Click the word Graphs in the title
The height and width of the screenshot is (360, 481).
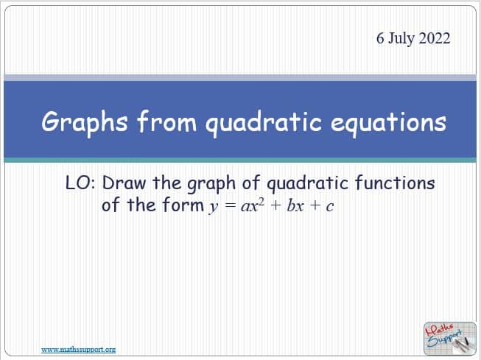[x=85, y=123]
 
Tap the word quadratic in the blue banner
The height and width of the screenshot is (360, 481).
[x=264, y=123]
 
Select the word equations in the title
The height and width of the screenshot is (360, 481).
[x=388, y=123]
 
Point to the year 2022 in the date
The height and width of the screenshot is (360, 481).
[x=435, y=38]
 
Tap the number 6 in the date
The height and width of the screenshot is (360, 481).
[x=380, y=38]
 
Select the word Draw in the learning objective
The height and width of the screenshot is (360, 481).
[x=124, y=183]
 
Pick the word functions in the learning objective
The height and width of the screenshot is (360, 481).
[x=395, y=183]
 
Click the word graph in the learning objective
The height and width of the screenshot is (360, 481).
[x=211, y=184]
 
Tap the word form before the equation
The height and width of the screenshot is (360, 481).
[x=183, y=205]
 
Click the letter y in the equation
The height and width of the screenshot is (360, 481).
[x=214, y=207]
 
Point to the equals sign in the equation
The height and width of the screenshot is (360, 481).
[x=230, y=205]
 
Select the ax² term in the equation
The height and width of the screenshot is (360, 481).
[x=253, y=205]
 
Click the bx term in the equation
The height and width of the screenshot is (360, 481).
[x=295, y=205]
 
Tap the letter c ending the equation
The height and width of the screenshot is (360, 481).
[x=330, y=207]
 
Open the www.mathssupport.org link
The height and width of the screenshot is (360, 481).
[x=79, y=349]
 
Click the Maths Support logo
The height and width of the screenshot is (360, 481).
[x=450, y=339]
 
